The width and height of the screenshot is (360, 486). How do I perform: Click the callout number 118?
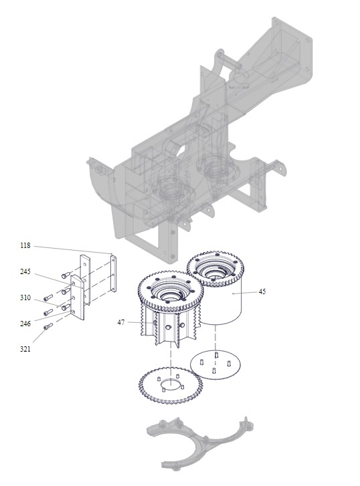[25, 246]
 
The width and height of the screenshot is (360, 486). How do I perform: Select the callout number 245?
[25, 272]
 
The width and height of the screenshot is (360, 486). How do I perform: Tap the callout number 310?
[25, 298]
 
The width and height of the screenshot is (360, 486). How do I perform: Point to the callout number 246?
[25, 324]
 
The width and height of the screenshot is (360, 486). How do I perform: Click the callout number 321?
[25, 350]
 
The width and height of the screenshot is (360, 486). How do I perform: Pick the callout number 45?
[262, 291]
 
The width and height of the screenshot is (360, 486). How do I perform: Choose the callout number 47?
[121, 323]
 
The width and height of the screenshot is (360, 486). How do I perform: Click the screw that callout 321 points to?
[48, 326]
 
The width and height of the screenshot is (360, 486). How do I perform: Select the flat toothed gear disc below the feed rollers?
[171, 385]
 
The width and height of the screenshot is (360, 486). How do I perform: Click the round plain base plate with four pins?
[215, 365]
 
